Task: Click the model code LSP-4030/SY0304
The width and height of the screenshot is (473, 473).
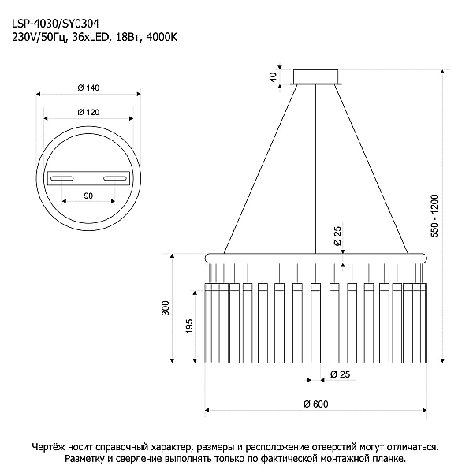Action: point(55,24)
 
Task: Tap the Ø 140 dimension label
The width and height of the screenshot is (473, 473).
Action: point(88,88)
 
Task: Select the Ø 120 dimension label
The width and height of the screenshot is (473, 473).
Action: point(88,112)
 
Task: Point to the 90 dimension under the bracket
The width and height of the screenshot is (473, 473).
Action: point(88,196)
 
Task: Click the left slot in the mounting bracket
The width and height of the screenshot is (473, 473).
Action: point(61,178)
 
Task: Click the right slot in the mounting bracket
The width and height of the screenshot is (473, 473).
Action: point(115,179)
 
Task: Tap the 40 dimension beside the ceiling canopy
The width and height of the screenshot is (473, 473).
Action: point(273,77)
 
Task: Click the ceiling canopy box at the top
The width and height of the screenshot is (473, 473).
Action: point(316,76)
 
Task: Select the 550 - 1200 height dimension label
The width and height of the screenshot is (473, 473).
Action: point(434,216)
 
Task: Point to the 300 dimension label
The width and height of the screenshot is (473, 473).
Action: point(166,308)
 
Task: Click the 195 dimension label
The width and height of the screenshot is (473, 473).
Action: point(189,326)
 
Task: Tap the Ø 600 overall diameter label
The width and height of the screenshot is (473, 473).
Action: point(315,404)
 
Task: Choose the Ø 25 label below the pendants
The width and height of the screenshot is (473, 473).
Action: point(341,374)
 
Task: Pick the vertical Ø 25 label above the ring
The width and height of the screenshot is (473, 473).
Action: point(337,236)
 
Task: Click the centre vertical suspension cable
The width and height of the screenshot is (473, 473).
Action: point(315,169)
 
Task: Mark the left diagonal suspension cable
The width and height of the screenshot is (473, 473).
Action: point(260,169)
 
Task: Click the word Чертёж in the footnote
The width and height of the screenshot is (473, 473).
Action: point(47,446)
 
